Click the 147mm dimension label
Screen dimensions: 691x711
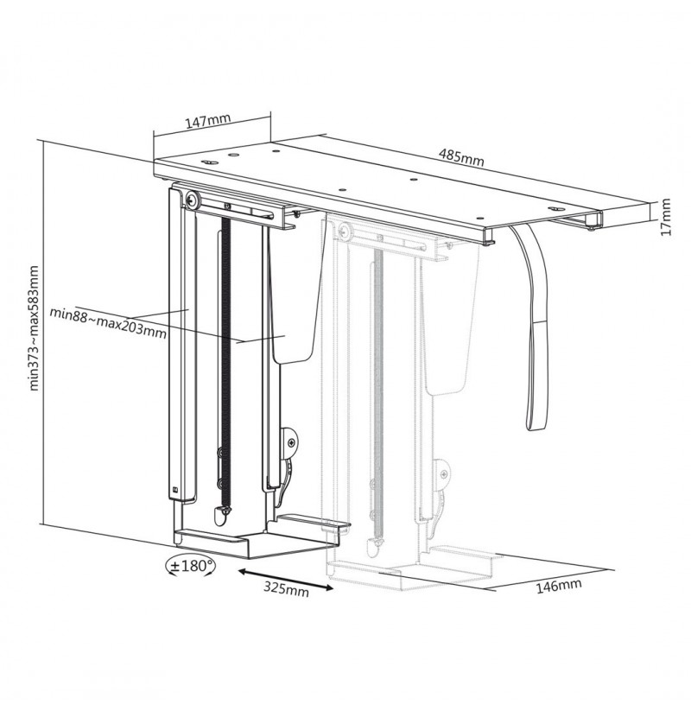point(208,121)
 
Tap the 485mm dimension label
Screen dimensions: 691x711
point(461,157)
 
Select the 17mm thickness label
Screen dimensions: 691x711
point(665,217)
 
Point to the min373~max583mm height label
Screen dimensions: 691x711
point(35,328)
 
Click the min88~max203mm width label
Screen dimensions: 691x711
point(108,323)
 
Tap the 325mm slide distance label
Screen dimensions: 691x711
point(286,588)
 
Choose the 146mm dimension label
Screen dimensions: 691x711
point(559,586)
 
